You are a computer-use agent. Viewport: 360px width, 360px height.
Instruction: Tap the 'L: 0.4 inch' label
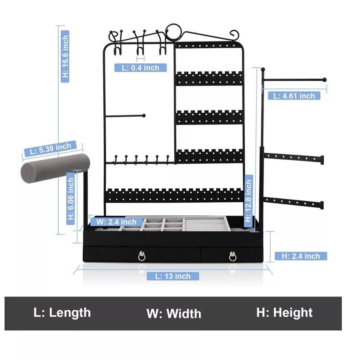pos(141,68)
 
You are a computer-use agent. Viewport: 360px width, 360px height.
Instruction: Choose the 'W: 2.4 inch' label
pos(116,222)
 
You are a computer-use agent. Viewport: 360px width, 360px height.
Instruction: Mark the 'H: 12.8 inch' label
pos(248,200)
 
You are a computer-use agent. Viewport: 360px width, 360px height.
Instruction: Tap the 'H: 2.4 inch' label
pos(301,256)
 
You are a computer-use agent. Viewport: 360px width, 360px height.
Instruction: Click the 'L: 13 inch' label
pos(172,276)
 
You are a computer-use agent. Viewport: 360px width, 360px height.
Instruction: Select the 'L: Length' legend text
pos(62,313)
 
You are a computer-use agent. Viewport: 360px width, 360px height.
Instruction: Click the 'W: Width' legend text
pos(174,313)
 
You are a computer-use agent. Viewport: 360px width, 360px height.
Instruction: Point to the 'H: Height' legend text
pos(284,313)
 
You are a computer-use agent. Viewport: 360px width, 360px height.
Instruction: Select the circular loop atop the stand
pos(174,33)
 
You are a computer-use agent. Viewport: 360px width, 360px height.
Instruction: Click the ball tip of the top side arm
pos(324,80)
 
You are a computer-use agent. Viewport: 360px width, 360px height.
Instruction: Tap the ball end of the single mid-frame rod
pos(143,115)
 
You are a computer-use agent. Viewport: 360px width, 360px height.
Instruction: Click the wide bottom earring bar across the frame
pos(174,195)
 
